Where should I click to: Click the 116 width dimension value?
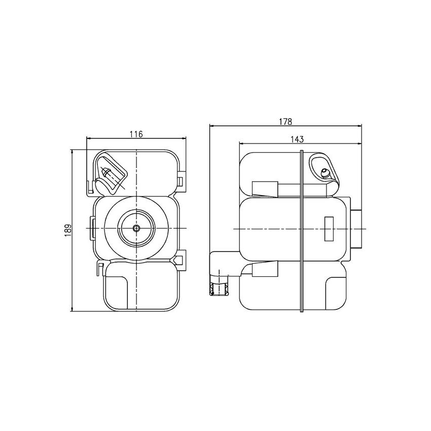click(136, 134)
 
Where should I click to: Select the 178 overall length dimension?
click(285, 122)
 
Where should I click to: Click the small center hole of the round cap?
click(136, 229)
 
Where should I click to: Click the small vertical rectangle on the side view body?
click(329, 229)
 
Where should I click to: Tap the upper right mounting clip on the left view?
click(181, 181)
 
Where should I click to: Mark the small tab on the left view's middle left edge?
click(93, 224)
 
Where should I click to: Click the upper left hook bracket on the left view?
click(91, 187)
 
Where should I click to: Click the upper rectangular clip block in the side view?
click(265, 189)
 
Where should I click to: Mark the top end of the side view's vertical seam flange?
click(302, 152)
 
